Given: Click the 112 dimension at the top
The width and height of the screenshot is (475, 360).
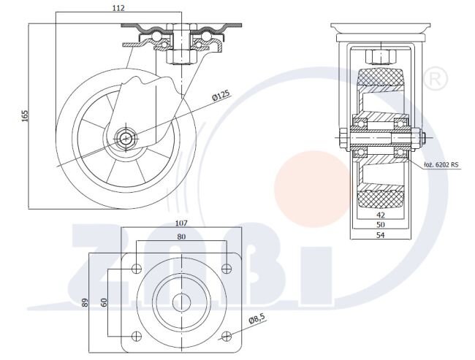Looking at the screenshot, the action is (x=118, y=8).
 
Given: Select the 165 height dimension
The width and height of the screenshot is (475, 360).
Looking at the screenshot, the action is (x=25, y=116).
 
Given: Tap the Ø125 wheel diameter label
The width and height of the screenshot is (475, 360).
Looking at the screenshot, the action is (x=221, y=95).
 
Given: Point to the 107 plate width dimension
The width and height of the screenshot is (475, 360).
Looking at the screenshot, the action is (x=181, y=223).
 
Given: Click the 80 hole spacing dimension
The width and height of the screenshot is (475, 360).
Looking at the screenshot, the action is (x=181, y=237).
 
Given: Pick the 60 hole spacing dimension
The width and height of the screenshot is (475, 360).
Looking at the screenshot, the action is (x=104, y=302).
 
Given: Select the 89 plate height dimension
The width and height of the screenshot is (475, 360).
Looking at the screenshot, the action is (x=85, y=302).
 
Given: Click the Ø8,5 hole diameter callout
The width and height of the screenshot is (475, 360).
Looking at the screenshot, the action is (x=256, y=320).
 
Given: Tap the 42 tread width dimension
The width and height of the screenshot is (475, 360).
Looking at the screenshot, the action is (x=381, y=215).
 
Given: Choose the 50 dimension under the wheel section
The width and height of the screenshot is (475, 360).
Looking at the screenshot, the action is (x=381, y=224).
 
